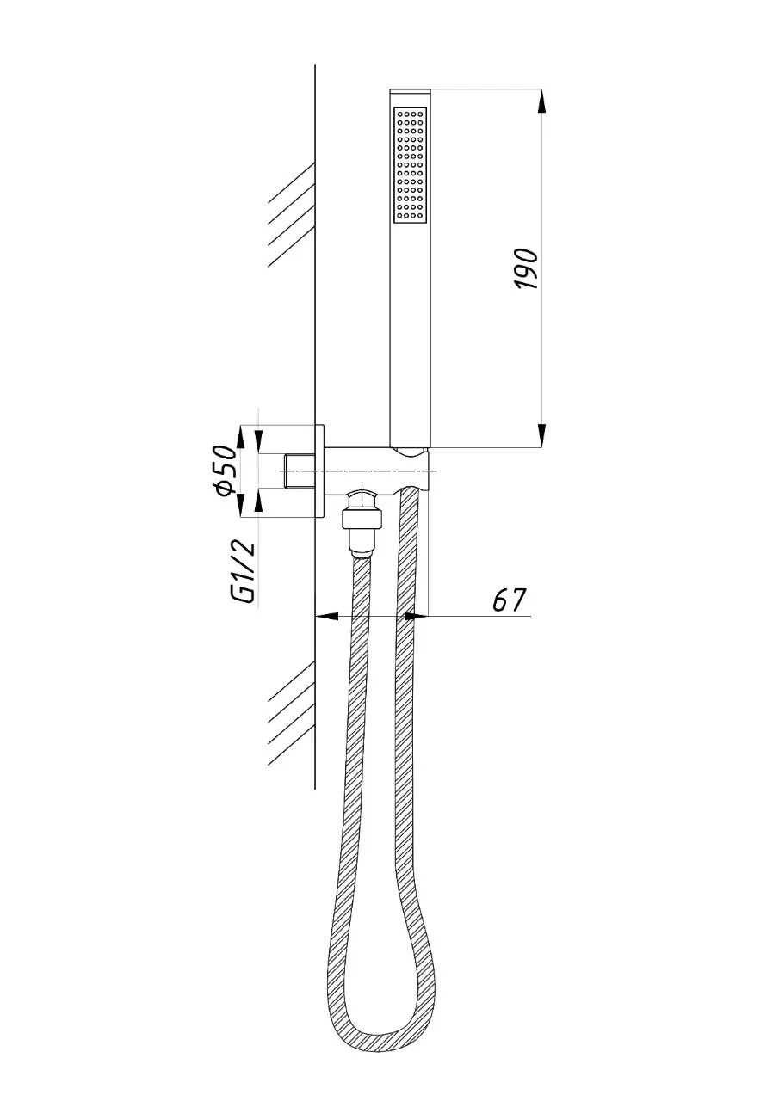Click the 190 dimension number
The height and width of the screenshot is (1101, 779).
coord(526,269)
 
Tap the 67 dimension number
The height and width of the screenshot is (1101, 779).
coord(510,600)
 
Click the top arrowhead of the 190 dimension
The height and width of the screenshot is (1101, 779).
coord(541,101)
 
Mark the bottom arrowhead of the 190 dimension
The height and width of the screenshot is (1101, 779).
coord(541,435)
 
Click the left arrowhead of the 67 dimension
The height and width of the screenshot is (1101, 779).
coord(326,615)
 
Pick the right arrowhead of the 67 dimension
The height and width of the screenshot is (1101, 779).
coord(417,615)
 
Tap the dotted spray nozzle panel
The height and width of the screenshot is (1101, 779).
coord(410,164)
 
